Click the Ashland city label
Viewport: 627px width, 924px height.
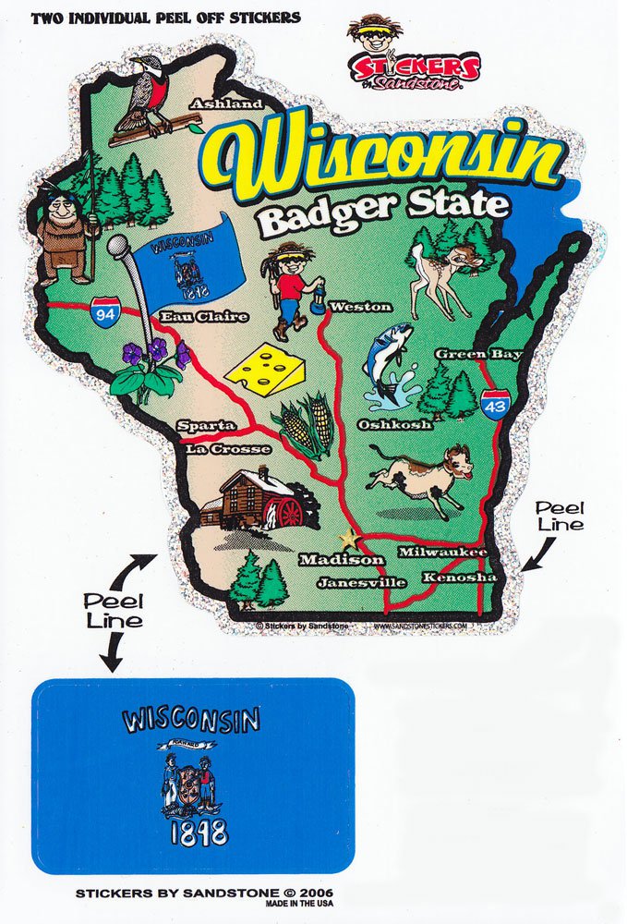[225, 104]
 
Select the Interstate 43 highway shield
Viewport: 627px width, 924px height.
[497, 405]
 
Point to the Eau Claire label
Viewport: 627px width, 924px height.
[204, 317]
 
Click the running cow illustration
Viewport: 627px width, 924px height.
[421, 476]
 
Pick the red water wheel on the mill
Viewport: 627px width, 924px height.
[287, 511]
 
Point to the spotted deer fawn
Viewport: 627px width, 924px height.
[444, 268]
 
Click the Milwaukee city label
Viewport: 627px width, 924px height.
[441, 552]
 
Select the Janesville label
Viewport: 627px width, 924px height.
[361, 582]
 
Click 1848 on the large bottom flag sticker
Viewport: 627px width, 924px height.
[198, 832]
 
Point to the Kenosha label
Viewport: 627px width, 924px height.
[459, 577]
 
